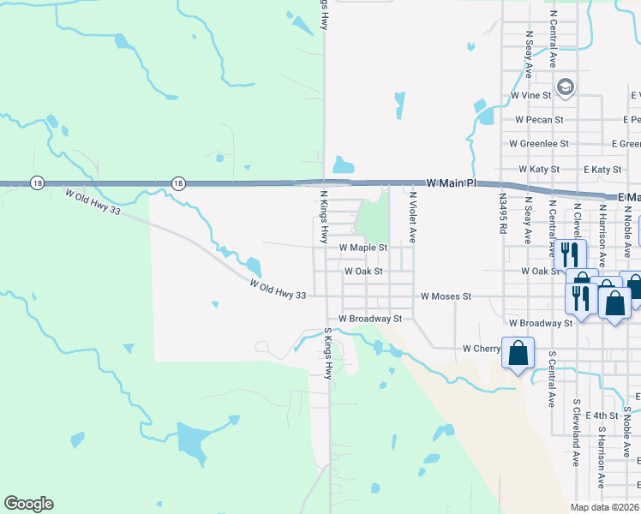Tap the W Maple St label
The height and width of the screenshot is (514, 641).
pyautogui.click(x=363, y=248)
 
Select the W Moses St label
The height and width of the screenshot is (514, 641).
pyautogui.click(x=446, y=296)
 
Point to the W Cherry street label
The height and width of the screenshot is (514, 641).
pyautogui.click(x=481, y=349)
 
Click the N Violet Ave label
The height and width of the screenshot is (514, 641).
pyautogui.click(x=412, y=218)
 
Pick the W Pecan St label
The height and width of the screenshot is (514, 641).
pyautogui.click(x=538, y=120)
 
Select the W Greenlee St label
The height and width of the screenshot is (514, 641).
pyautogui.click(x=539, y=144)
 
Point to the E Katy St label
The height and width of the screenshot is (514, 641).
pyautogui.click(x=600, y=170)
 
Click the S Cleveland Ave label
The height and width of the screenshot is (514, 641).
pyautogui.click(x=577, y=433)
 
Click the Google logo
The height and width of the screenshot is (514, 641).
pyautogui.click(x=28, y=504)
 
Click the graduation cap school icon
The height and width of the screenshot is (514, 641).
pyautogui.click(x=566, y=87)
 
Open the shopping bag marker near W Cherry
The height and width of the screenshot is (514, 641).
pyautogui.click(x=518, y=354)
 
